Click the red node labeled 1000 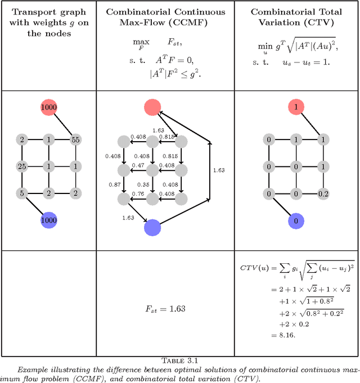(x=49, y=107)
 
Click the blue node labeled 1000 (x=49, y=220)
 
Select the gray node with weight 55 (x=75, y=139)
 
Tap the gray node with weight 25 (x=22, y=166)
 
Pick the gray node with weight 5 (x=22, y=193)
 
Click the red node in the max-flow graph (x=152, y=107)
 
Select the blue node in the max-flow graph (x=152, y=227)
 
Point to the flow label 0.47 (x=138, y=166)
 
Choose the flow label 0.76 (x=138, y=194)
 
